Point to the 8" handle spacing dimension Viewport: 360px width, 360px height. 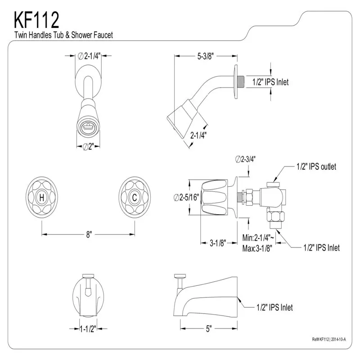click(x=89, y=234)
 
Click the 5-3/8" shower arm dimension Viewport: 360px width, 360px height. click(x=204, y=56)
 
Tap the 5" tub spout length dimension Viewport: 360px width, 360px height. click(x=209, y=329)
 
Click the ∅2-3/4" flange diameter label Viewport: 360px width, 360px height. click(x=246, y=159)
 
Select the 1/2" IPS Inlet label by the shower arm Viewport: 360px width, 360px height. click(x=270, y=82)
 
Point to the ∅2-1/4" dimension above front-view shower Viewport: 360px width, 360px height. click(x=89, y=56)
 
